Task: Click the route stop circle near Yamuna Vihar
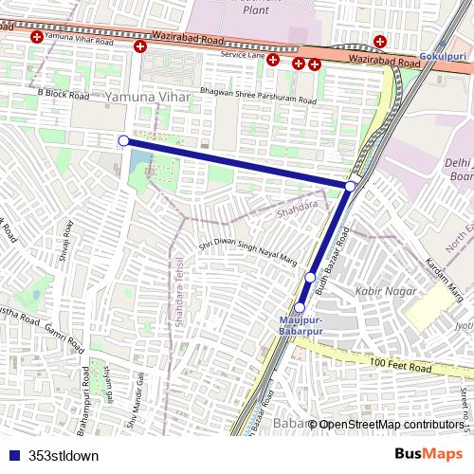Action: click(123, 140)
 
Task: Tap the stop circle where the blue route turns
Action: click(351, 186)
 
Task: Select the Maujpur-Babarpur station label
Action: click(301, 324)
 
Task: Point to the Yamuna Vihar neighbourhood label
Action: click(148, 98)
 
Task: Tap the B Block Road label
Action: click(64, 96)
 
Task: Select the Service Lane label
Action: click(239, 55)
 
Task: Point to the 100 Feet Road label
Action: click(401, 366)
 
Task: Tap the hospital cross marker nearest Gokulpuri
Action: click(379, 41)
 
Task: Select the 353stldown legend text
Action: click(63, 455)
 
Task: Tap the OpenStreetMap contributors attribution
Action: click(391, 425)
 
